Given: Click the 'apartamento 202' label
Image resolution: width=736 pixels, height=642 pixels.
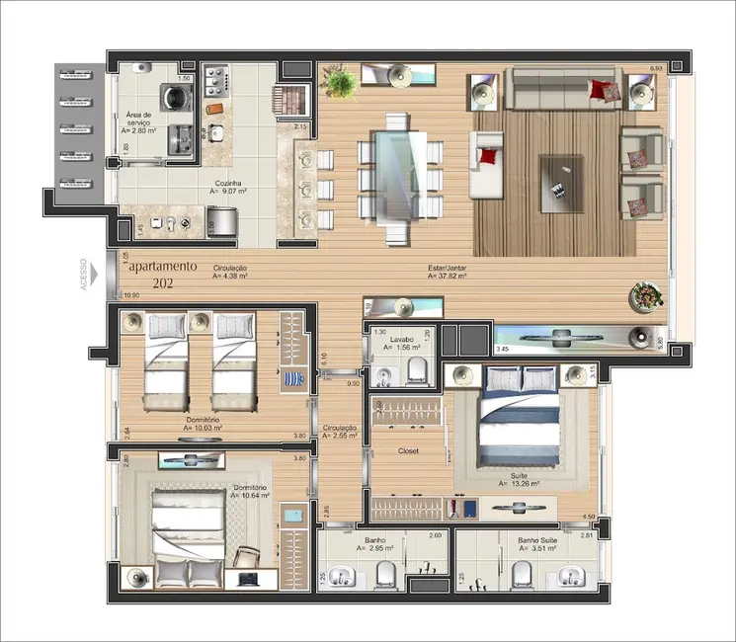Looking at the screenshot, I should click(163, 275).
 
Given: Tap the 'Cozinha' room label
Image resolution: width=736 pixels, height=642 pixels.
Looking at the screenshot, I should click(228, 184).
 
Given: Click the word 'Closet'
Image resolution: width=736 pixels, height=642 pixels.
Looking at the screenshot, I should click(408, 451).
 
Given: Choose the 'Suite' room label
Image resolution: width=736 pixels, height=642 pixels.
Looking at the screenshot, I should click(519, 475).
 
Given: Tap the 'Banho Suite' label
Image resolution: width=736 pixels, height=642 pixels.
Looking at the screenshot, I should click(539, 540).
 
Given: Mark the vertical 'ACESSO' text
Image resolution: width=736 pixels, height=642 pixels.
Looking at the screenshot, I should click(84, 276).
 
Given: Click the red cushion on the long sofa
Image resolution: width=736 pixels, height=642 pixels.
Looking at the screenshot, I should click(601, 90).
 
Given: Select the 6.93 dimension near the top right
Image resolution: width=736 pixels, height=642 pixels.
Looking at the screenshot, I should click(656, 68).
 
